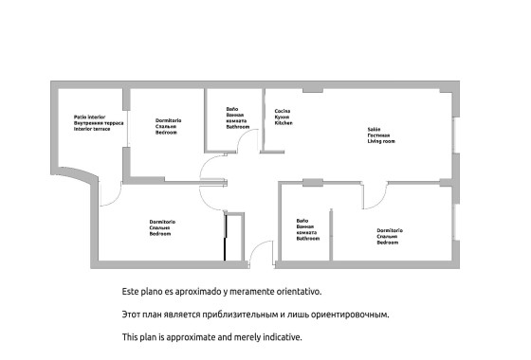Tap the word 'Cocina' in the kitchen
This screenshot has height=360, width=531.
[x=283, y=111]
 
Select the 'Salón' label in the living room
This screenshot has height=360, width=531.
[x=373, y=129]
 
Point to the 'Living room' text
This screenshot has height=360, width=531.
[x=380, y=141]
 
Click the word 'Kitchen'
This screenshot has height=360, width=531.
[x=284, y=123]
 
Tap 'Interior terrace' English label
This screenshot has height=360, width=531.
[x=93, y=129]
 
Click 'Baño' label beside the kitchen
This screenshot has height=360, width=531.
[x=232, y=108]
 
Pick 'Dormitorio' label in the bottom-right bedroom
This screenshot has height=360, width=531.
[x=391, y=231]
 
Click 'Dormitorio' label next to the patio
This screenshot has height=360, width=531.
[x=168, y=120]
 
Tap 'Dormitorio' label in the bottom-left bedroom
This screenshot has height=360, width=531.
[x=161, y=222]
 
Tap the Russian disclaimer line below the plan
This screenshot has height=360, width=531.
[x=255, y=313]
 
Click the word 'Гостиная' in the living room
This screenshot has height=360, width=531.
[x=378, y=135]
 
